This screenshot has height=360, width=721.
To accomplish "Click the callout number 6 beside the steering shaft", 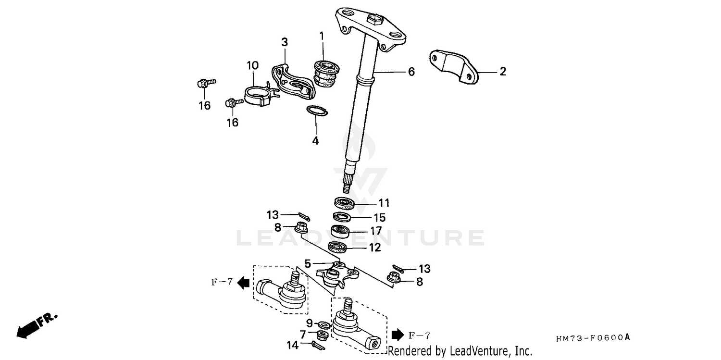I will pos(411,72).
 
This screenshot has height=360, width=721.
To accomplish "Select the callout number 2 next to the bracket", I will pos(503,72).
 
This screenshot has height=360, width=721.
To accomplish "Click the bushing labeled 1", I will pos(323,74).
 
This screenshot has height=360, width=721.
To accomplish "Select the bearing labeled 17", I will pos(342,231).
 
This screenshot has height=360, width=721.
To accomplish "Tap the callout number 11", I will pos(384,203).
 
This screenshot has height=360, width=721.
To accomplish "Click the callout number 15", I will pos(380,218).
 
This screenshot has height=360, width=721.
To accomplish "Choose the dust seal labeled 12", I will pos(338,248).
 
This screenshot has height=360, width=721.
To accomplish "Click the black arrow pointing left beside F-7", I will pos(244,283).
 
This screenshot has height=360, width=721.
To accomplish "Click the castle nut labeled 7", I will pos(323,334).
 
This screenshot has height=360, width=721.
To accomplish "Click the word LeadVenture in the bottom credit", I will pos(475,351).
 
